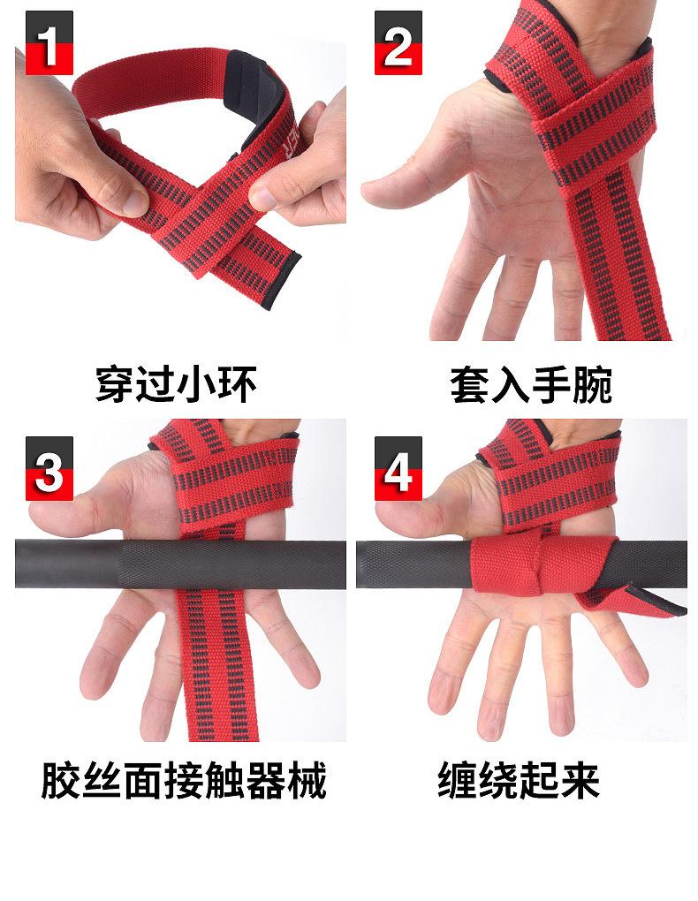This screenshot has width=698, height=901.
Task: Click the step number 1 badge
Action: pyautogui.click(x=49, y=42)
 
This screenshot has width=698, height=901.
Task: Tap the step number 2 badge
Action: pyautogui.click(x=398, y=42)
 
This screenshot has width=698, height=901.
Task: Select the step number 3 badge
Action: pyautogui.click(x=49, y=468)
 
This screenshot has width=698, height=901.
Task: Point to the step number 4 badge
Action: pyautogui.click(x=398, y=468)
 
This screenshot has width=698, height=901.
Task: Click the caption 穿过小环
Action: pyautogui.click(x=176, y=384)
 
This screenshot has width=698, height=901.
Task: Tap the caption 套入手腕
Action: pyautogui.click(x=531, y=384)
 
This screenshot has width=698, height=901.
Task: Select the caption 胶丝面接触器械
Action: pyautogui.click(x=184, y=780)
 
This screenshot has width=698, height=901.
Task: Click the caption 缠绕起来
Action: pyautogui.click(x=519, y=780)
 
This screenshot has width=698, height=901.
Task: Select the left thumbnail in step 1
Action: pyautogui.click(x=136, y=201)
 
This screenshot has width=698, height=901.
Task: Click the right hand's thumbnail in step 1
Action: pyautogui.click(x=262, y=199)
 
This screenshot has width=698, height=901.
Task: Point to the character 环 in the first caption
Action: pyautogui.click(x=237, y=384)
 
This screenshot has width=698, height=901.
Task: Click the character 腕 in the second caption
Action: pyautogui.click(x=592, y=384)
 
